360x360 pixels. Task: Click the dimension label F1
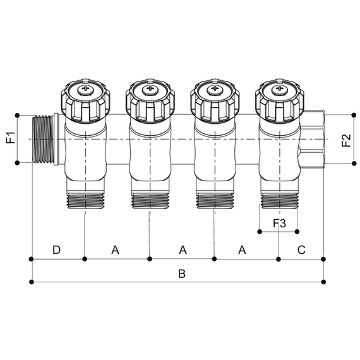coord(10,139)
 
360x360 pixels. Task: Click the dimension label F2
coord(346,139)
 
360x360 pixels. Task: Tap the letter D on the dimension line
coord(56,250)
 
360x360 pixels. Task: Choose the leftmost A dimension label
coord(116,250)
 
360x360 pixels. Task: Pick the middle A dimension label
coord(183,250)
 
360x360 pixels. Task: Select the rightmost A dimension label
coord(242,250)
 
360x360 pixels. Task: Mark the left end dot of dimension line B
coord(32,282)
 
